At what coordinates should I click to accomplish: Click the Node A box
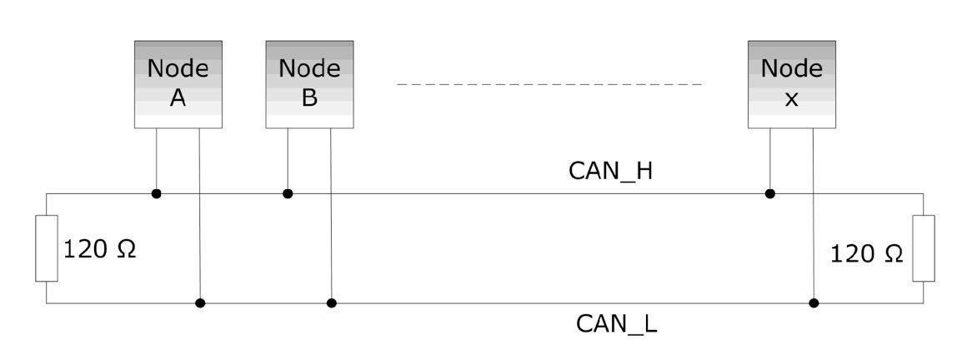178,83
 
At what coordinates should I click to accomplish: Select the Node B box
309,83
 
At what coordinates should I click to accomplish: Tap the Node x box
792,83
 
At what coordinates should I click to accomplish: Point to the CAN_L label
617,323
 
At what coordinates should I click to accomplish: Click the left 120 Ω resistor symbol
47,247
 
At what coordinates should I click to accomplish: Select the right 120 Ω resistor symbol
924,247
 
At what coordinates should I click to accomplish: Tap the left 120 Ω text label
99,249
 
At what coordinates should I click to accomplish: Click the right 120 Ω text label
867,254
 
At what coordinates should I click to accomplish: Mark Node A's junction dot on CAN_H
157,194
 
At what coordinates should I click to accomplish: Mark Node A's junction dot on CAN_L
200,302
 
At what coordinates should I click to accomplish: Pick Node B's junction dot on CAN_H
288,194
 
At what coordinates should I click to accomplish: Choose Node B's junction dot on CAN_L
331,302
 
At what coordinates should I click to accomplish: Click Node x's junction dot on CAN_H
770,194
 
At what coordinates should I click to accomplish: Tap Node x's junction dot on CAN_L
814,302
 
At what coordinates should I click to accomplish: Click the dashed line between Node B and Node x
550,84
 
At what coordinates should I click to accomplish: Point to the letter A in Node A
178,98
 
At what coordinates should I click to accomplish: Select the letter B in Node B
309,98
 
